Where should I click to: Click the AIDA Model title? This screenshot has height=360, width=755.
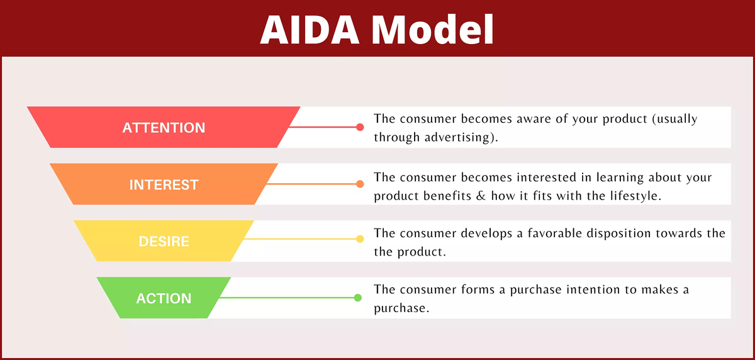[377, 28]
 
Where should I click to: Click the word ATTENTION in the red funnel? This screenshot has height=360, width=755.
[164, 128]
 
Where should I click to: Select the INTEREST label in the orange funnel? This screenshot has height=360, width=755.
[164, 185]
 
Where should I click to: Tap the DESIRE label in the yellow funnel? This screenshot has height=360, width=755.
[164, 242]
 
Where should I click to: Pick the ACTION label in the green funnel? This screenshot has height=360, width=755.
[164, 298]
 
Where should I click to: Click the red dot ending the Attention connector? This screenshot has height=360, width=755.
[360, 127]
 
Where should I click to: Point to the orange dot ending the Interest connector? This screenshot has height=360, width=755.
[360, 184]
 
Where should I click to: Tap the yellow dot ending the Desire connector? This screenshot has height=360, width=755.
[360, 239]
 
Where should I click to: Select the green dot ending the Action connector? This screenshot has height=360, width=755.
[357, 298]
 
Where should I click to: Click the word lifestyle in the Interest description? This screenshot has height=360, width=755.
[636, 195]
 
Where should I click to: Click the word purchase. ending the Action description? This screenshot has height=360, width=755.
[401, 309]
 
